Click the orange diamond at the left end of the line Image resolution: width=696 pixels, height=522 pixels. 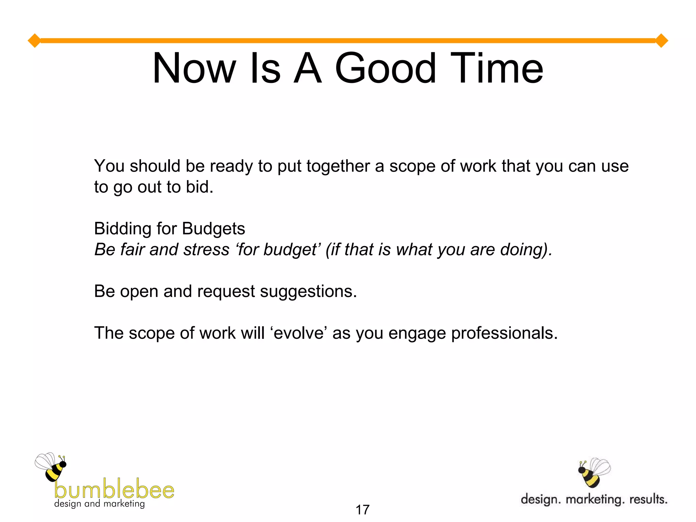pos(34,41)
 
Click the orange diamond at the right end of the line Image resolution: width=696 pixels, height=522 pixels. pos(661,41)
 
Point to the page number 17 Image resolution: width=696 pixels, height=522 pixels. pos(362,510)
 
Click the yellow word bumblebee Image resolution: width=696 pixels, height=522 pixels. pos(114,489)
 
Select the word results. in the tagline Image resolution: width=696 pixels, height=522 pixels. pos(648,499)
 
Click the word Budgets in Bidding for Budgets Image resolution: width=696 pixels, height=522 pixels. pos(213,229)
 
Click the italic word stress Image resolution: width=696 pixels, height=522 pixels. pos(206,250)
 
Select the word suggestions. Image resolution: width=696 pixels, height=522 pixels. pos(308,292)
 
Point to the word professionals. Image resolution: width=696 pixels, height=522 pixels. pos(504,333)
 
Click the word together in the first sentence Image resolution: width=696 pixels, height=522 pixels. pos(338,167)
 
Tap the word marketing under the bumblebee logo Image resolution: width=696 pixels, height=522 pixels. pos(124,504)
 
